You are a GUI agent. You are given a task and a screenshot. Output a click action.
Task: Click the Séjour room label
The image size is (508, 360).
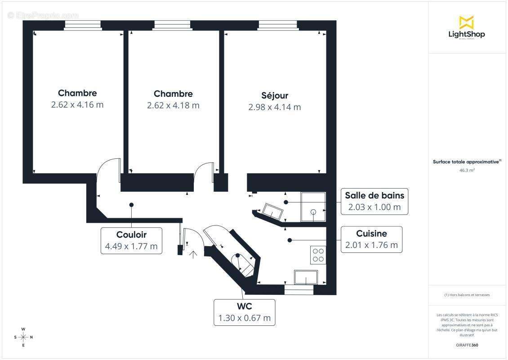[x=275, y=95]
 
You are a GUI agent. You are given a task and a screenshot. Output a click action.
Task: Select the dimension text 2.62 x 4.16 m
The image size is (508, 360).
[x=77, y=105]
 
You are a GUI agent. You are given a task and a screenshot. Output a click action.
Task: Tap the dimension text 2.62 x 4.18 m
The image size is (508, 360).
[x=173, y=105]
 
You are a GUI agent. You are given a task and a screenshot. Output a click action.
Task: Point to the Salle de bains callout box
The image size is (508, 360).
[x=374, y=201]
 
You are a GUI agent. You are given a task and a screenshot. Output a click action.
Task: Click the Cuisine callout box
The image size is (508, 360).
[x=371, y=239]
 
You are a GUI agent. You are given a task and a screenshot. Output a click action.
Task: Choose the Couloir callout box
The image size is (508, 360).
[x=131, y=240]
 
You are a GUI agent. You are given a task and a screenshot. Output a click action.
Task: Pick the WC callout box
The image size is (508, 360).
[x=244, y=312]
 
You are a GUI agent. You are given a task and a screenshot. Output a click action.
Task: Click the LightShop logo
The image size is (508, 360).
[x=467, y=27]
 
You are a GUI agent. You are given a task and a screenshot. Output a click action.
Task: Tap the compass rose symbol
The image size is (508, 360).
[x=23, y=337]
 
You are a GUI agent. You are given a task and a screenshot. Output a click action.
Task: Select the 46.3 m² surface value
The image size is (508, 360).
[x=467, y=171]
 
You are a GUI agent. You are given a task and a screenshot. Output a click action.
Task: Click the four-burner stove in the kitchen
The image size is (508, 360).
[x=318, y=255]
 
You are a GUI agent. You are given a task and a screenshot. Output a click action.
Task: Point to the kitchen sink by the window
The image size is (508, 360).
[x=306, y=277]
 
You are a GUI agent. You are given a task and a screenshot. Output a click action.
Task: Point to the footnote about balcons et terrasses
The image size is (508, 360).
[x=467, y=295]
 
